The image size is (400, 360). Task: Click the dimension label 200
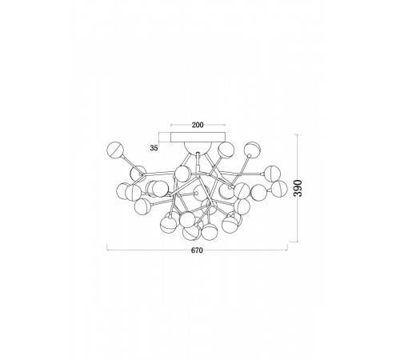(198, 125)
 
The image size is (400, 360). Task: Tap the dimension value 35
(154, 148)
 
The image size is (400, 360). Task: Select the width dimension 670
(197, 250)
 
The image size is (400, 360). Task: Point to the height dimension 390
(298, 188)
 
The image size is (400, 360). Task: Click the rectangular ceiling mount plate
(198, 138)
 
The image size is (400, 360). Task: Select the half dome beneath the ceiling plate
(198, 148)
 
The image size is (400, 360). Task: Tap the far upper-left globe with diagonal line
(115, 150)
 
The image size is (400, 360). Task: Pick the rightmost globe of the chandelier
(278, 189)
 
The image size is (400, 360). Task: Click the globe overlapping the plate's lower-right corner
(226, 150)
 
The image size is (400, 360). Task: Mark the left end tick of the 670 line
(107, 247)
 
